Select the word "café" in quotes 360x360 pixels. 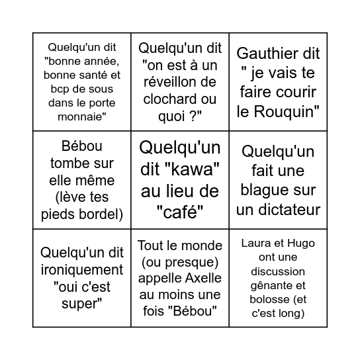pos(179,212)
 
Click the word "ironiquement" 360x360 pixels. pos(82,269)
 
